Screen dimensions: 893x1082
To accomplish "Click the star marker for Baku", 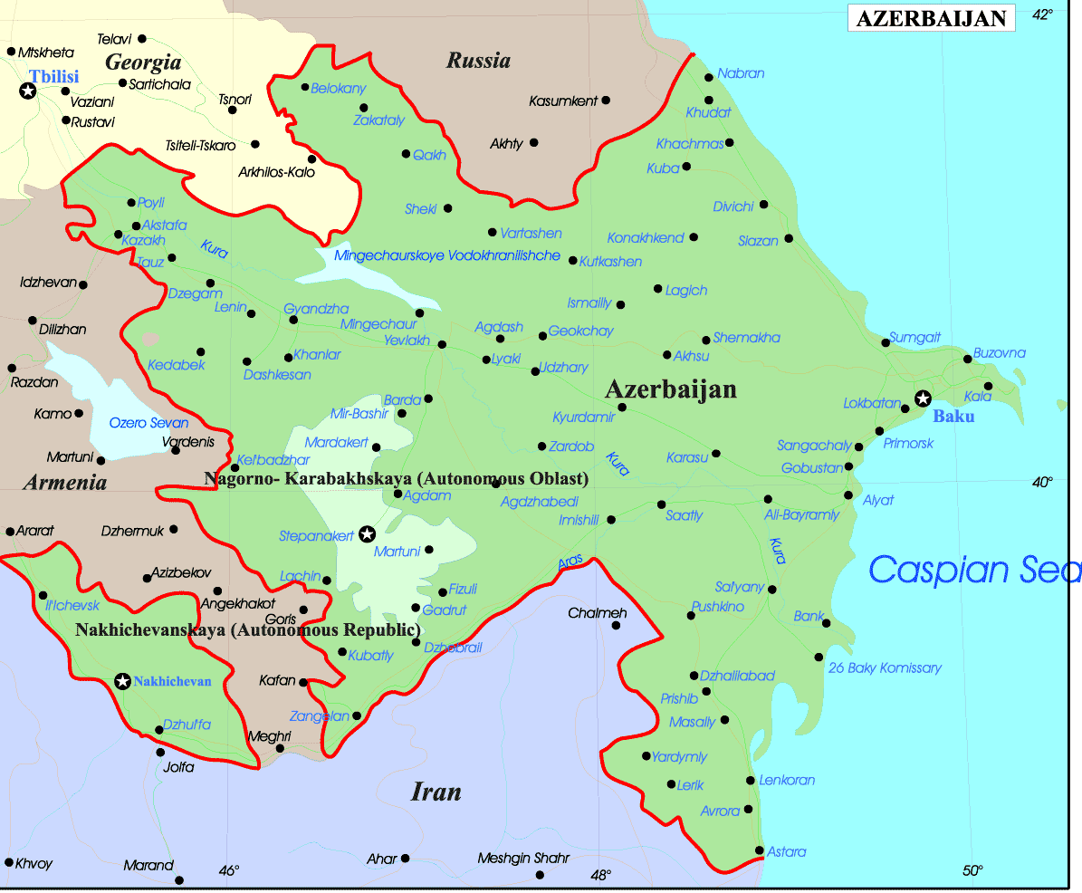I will pyautogui.click(x=923, y=398).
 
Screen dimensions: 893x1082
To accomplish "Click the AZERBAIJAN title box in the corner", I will pyautogui.click(x=931, y=19).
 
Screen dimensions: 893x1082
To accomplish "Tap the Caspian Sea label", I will pyautogui.click(x=974, y=570).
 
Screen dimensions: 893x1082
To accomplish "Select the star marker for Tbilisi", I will pyautogui.click(x=28, y=91).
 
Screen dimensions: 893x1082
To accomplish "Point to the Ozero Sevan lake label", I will pyautogui.click(x=148, y=423).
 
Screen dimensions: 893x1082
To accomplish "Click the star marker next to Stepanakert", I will pyautogui.click(x=367, y=534).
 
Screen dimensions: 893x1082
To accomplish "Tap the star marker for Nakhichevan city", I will pyautogui.click(x=122, y=681).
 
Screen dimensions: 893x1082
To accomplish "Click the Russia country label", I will pyautogui.click(x=478, y=61).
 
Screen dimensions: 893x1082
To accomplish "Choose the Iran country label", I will pyautogui.click(x=436, y=792).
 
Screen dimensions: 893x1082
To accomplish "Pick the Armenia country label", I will pyautogui.click(x=65, y=482).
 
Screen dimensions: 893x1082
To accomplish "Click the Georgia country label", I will pyautogui.click(x=143, y=62).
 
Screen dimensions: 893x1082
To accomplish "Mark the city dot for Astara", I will pyautogui.click(x=759, y=850).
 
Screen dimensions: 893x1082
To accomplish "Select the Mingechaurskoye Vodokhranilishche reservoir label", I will pyautogui.click(x=447, y=256).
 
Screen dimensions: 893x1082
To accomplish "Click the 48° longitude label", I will pyautogui.click(x=600, y=874).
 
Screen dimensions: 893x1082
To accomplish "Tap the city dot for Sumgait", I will pyautogui.click(x=886, y=342).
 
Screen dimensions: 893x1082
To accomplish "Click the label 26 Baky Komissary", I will pyautogui.click(x=885, y=668).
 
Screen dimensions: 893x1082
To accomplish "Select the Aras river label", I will pyautogui.click(x=570, y=562).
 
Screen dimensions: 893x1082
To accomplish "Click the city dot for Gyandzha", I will pyautogui.click(x=292, y=320).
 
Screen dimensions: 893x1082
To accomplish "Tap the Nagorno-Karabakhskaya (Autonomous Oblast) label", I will pyautogui.click(x=397, y=478).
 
